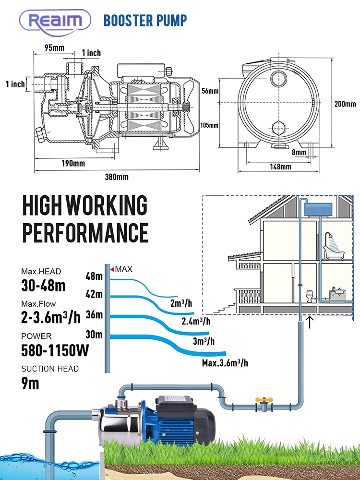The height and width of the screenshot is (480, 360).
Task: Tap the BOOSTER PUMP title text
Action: coord(145,20)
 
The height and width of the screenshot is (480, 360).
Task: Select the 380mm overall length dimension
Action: coord(117,177)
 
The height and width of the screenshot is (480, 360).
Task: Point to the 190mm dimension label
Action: coord(73,163)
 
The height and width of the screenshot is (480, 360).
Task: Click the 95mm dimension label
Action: coord(55,47)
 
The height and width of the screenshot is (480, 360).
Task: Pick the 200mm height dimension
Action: coord(345,104)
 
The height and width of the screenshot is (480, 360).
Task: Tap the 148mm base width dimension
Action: coord(280,167)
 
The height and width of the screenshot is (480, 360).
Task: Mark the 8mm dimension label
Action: coord(299,153)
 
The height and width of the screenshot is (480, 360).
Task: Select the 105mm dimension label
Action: coord(209,125)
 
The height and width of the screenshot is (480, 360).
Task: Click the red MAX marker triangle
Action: coord(112,270)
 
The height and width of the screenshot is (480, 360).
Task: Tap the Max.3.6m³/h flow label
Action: coord(225,362)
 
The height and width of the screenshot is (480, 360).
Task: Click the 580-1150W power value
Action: coord(55,350)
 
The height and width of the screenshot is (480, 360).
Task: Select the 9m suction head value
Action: coord(30,383)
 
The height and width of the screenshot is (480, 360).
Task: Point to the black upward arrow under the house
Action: coord(310,322)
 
